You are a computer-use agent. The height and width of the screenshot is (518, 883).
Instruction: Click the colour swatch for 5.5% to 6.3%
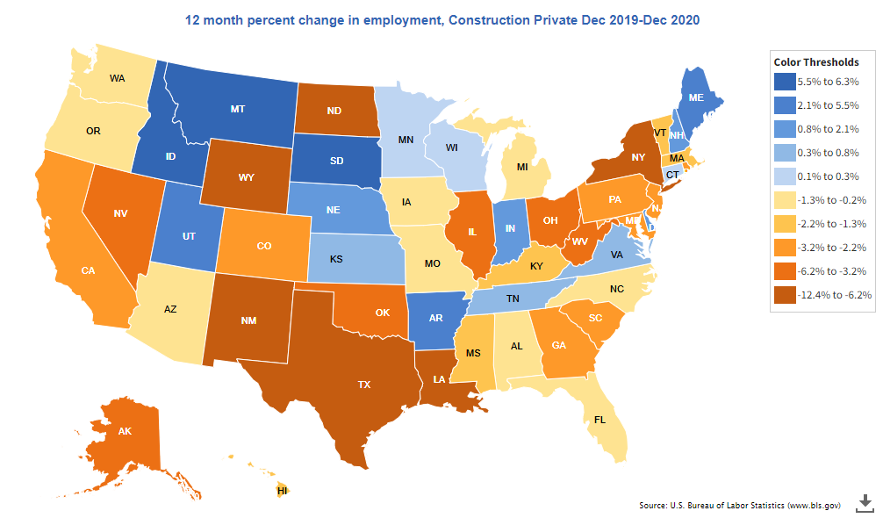coord(785,82)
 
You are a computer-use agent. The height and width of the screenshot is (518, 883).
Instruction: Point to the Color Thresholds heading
coord(815,61)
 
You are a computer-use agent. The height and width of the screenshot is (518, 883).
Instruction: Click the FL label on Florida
coord(600,421)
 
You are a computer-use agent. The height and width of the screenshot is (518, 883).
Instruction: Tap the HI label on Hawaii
coord(283,491)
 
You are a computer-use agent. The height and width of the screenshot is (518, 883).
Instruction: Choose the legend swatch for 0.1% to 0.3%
coord(785,176)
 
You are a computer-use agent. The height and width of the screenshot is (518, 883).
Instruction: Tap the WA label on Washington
coord(118,78)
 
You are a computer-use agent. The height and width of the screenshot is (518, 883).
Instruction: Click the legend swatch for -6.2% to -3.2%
coord(785,271)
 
